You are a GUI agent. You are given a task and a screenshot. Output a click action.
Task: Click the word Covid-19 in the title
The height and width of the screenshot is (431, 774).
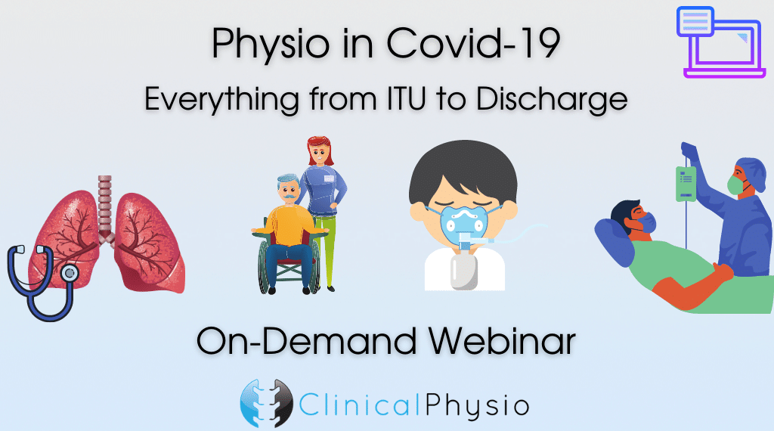pyautogui.click(x=473, y=43)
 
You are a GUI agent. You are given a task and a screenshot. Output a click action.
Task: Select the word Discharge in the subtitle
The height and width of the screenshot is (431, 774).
pyautogui.click(x=552, y=101)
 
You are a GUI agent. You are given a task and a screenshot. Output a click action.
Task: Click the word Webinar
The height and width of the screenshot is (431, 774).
pyautogui.click(x=502, y=341)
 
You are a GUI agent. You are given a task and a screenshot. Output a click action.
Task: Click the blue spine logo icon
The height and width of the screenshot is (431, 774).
pyautogui.click(x=267, y=403)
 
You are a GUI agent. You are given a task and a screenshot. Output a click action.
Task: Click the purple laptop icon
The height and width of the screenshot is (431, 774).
pyautogui.click(x=720, y=42)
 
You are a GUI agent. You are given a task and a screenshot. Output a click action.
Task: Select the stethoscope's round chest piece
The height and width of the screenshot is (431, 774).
pyautogui.click(x=70, y=272)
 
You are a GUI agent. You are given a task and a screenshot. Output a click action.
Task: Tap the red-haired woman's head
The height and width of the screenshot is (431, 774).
pyautogui.click(x=320, y=151)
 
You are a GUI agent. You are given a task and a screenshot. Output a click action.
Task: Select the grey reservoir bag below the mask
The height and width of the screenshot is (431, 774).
pyautogui.click(x=464, y=271)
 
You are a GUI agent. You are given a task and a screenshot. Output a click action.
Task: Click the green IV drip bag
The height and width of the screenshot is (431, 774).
pyautogui.click(x=686, y=184)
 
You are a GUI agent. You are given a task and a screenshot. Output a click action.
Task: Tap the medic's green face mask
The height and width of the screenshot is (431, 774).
pyautogui.click(x=735, y=184)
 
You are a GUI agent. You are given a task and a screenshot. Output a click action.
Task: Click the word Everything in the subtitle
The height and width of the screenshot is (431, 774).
pyautogui.click(x=222, y=101)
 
